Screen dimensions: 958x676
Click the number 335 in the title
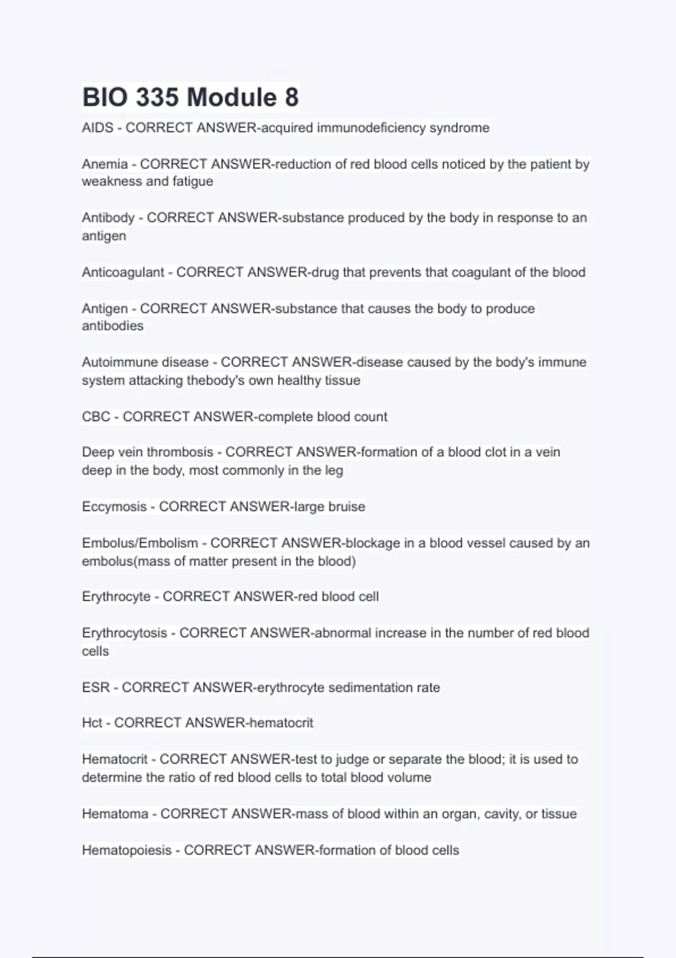pos(157,97)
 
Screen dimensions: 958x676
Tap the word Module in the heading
pos(232,97)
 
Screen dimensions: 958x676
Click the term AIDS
pos(97,128)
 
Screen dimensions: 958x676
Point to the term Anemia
pos(105,164)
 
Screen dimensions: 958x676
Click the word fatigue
pos(193,181)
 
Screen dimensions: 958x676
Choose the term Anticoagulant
pos(123,272)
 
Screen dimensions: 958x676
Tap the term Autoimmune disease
pos(145,362)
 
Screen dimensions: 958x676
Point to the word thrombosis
pos(180,452)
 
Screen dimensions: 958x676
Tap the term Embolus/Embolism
pos(140,543)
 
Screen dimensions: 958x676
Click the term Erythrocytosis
pos(124,633)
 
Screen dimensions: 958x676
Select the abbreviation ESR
pos(96,688)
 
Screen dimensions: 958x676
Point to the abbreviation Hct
pos(92,723)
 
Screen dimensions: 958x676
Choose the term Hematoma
pos(116,814)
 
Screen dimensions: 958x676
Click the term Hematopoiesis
pos(127,850)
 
